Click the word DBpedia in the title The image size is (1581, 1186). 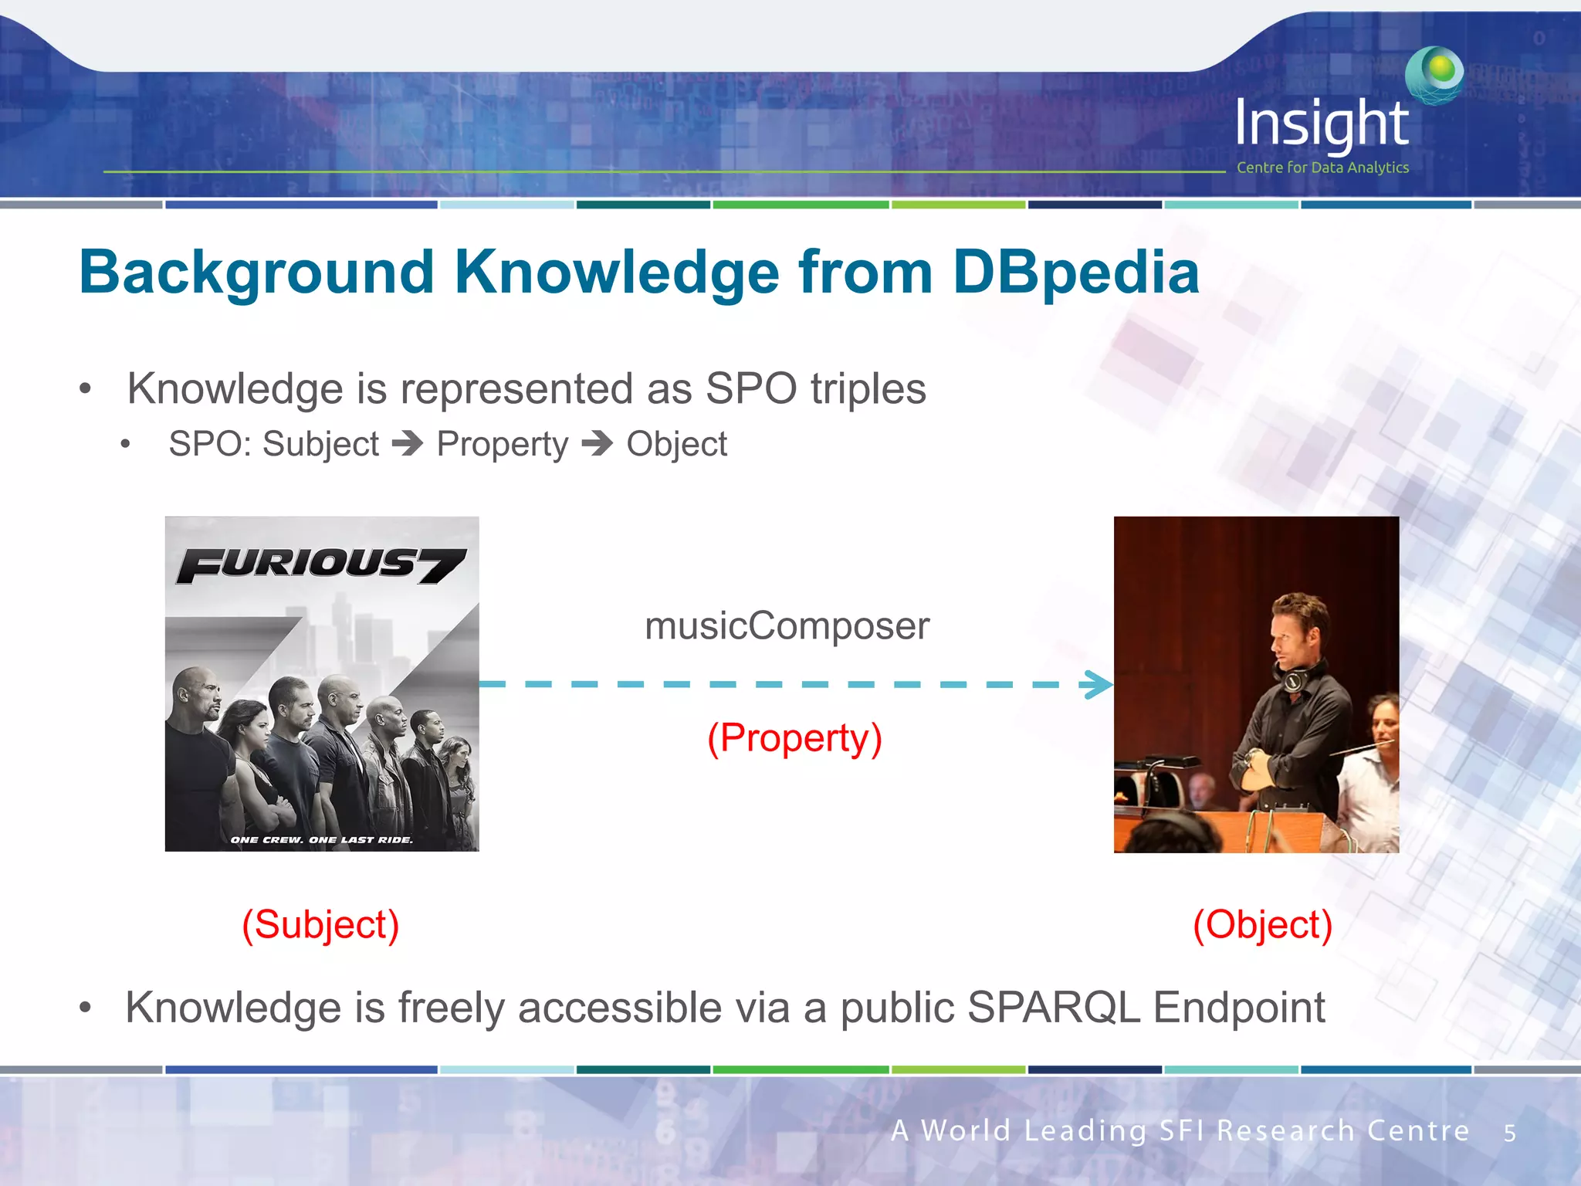1075,273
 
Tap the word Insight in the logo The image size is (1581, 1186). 1321,124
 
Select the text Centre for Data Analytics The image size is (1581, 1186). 1322,168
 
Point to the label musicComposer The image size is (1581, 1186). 787,625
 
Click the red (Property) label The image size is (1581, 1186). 794,738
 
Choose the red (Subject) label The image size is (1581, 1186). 320,924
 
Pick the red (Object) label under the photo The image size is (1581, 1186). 1262,924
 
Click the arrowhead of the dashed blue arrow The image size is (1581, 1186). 1098,684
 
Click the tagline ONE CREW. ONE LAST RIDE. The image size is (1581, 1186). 321,839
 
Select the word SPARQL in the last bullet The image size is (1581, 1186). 1053,1008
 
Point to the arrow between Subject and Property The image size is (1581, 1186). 408,443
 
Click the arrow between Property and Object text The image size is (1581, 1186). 597,443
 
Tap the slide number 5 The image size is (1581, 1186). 1509,1133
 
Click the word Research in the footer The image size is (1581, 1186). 1285,1130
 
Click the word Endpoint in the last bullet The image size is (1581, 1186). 1239,1008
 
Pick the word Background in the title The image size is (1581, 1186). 256,273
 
